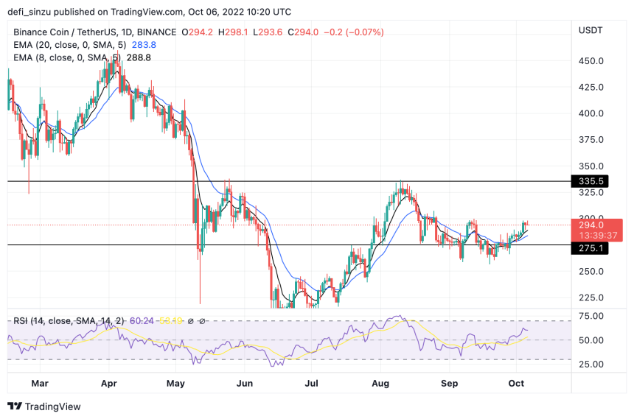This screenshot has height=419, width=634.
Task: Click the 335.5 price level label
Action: pyautogui.click(x=592, y=181)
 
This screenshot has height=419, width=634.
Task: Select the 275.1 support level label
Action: pyautogui.click(x=592, y=249)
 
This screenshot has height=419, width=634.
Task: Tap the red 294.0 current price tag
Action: pyautogui.click(x=592, y=225)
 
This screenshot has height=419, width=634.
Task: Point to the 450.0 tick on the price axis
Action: pyautogui.click(x=592, y=61)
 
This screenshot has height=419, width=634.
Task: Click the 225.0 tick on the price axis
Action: pyautogui.click(x=592, y=297)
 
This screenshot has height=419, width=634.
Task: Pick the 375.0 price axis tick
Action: pyautogui.click(x=592, y=140)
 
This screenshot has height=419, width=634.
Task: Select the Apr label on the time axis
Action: pyautogui.click(x=108, y=384)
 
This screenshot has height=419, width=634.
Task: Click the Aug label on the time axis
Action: pyautogui.click(x=380, y=384)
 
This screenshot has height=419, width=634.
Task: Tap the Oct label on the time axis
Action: pyautogui.click(x=516, y=384)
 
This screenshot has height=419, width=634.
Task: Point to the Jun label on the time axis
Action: pyautogui.click(x=245, y=384)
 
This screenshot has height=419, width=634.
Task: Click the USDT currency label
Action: pyautogui.click(x=591, y=30)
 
